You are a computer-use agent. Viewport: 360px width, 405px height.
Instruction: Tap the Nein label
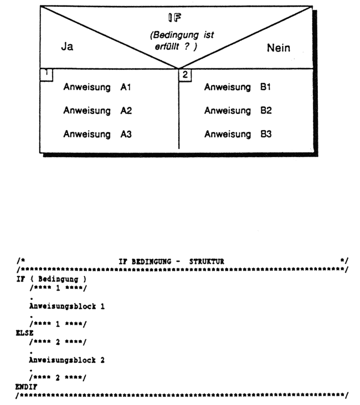coord(279,49)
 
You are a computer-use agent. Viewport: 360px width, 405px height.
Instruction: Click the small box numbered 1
coord(46,74)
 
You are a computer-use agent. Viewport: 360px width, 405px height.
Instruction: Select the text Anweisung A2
coord(97,111)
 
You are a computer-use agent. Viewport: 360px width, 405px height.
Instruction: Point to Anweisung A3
coord(97,134)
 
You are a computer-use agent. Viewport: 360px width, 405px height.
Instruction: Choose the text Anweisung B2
coord(237,111)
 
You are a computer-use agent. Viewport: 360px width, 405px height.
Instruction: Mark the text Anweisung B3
coord(237,134)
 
